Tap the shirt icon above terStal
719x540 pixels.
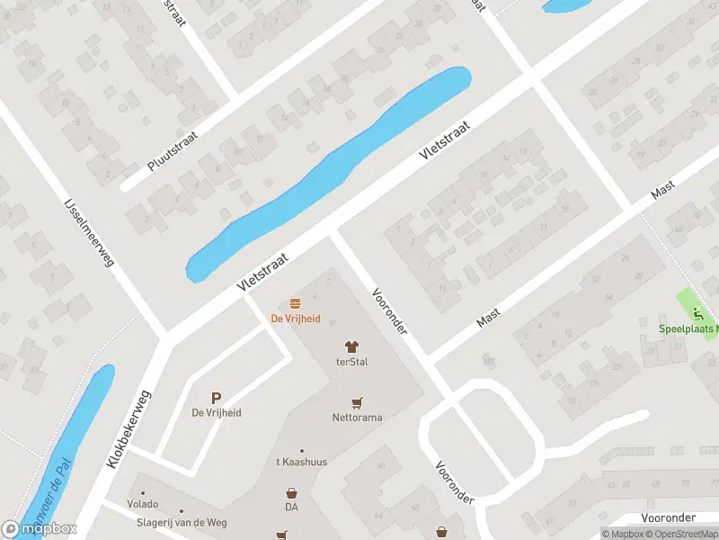(352, 346)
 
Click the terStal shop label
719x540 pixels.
(352, 362)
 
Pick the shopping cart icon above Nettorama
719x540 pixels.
(357, 403)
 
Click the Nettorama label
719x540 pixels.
(357, 418)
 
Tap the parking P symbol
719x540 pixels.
(216, 398)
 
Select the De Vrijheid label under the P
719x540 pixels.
(217, 413)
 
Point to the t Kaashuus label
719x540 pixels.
(301, 462)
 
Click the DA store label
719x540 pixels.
(291, 508)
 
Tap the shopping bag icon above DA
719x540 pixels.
(291, 493)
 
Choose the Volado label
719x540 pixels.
(142, 504)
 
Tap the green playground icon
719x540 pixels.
(697, 314)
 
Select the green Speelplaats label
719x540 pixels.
(688, 329)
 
